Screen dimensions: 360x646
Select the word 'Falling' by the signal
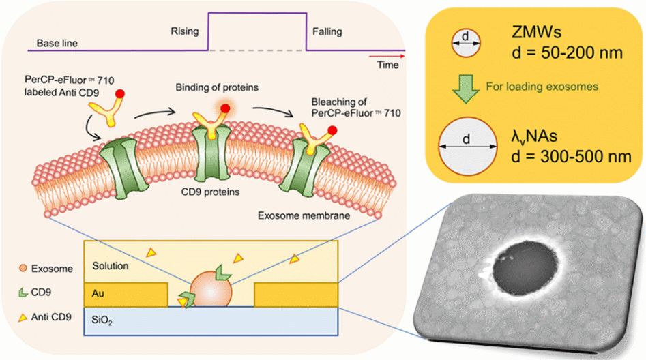point(327,31)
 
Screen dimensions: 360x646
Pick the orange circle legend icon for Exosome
point(24,269)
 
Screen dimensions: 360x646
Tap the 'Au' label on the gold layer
point(97,295)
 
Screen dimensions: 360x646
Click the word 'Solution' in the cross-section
point(110,265)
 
